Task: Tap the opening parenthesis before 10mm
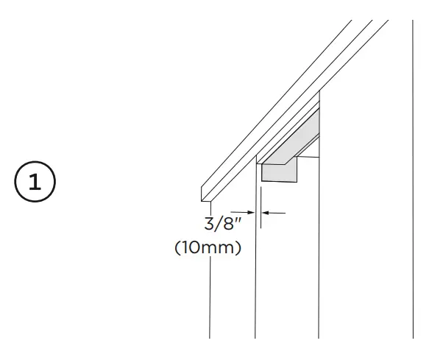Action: pyautogui.click(x=177, y=249)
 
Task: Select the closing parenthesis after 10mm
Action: pyautogui.click(x=239, y=249)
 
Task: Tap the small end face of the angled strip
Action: pyautogui.click(x=204, y=193)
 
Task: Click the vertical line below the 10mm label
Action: pyautogui.click(x=210, y=302)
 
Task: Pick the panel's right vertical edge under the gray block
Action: pyautogui.click(x=319, y=258)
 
